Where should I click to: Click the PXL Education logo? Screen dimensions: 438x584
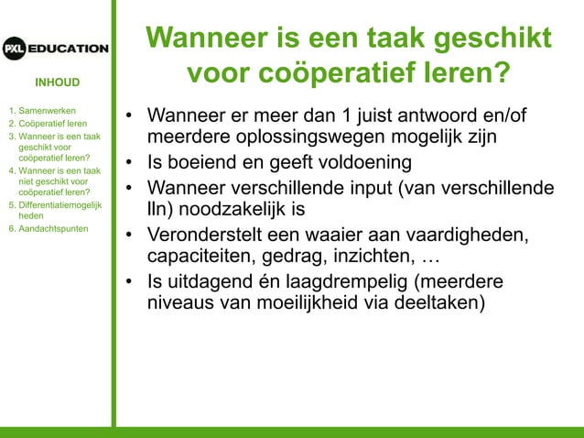[55, 48]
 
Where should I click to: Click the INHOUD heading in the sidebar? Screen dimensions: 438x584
[58, 82]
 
